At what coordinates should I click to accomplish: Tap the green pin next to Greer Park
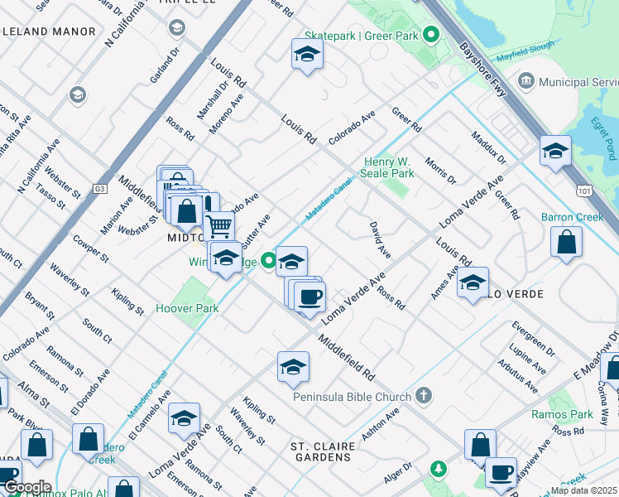click(x=430, y=35)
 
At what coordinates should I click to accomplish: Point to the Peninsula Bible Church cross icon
click(x=424, y=395)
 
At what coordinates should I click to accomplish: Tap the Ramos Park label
click(x=573, y=414)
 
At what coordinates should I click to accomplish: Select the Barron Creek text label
click(x=573, y=217)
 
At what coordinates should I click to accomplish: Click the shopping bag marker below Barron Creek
click(x=567, y=243)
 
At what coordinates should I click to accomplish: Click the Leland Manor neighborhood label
click(x=49, y=31)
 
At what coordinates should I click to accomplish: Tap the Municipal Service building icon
click(x=526, y=81)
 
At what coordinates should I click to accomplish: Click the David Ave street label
click(x=379, y=238)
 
